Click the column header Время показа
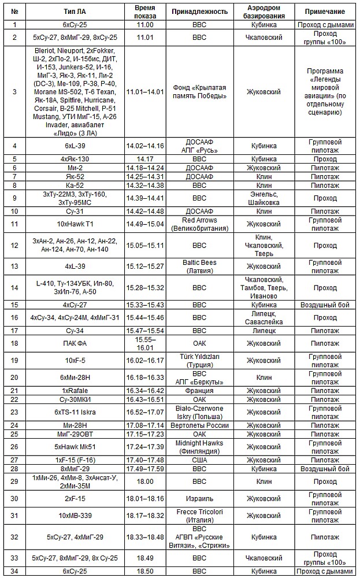coord(145,12)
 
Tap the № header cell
coord(14,12)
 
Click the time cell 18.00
coord(145,481)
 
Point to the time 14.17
coord(145,158)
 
